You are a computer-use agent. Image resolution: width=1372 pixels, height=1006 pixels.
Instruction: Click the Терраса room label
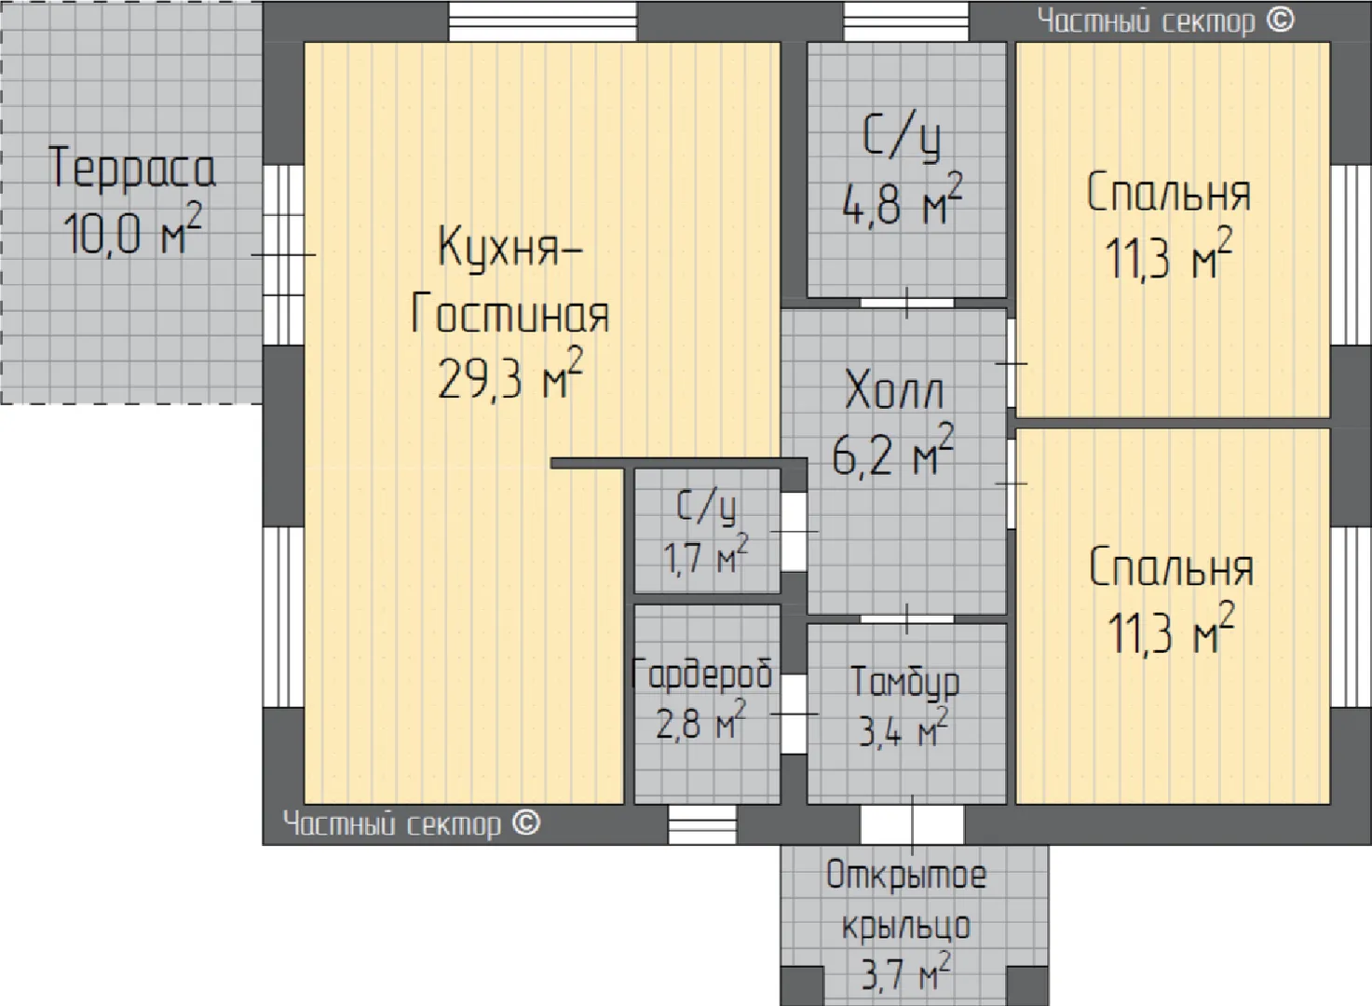tap(131, 168)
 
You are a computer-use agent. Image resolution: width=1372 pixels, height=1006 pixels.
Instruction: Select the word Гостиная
tap(510, 313)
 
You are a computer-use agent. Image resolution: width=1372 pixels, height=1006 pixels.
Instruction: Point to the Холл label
tap(894, 389)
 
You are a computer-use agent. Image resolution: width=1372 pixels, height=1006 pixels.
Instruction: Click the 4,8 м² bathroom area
tap(902, 199)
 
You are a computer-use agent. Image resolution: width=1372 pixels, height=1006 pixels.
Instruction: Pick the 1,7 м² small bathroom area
tap(706, 554)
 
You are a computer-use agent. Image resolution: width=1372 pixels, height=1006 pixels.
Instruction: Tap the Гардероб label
tap(701, 674)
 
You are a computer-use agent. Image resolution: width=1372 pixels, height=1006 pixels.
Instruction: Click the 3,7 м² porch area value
tap(906, 972)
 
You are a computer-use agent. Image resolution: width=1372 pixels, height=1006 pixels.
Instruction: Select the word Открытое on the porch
tap(906, 875)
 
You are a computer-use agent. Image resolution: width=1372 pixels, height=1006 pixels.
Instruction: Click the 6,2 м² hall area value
tap(892, 450)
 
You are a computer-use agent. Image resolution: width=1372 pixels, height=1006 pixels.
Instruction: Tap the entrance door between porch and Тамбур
tap(912, 824)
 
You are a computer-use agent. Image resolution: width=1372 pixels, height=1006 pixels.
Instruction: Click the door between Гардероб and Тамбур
tap(794, 714)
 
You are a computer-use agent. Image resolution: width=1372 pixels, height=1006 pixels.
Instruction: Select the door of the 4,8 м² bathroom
tap(907, 303)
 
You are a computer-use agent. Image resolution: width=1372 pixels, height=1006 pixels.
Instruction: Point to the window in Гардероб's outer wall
tap(702, 824)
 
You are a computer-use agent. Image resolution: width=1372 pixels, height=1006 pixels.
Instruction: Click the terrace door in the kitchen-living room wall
tap(283, 255)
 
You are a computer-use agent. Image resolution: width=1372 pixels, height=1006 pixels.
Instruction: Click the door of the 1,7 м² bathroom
tap(794, 532)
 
